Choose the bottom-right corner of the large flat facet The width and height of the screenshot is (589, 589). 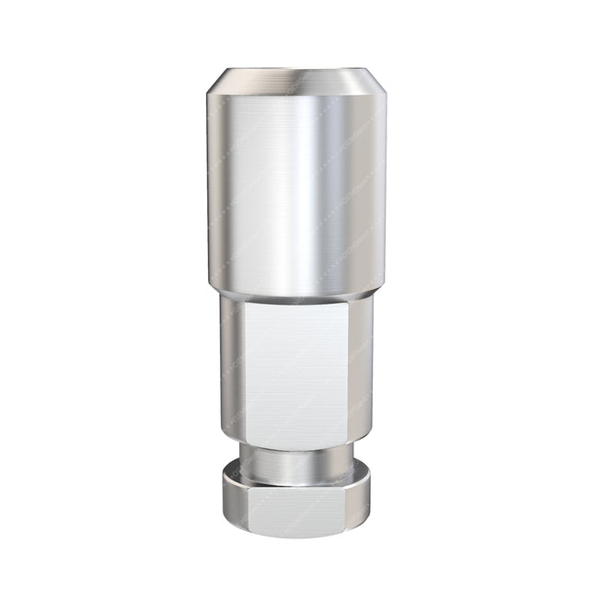pos(348,438)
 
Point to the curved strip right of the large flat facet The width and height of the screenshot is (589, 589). pos(361,368)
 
